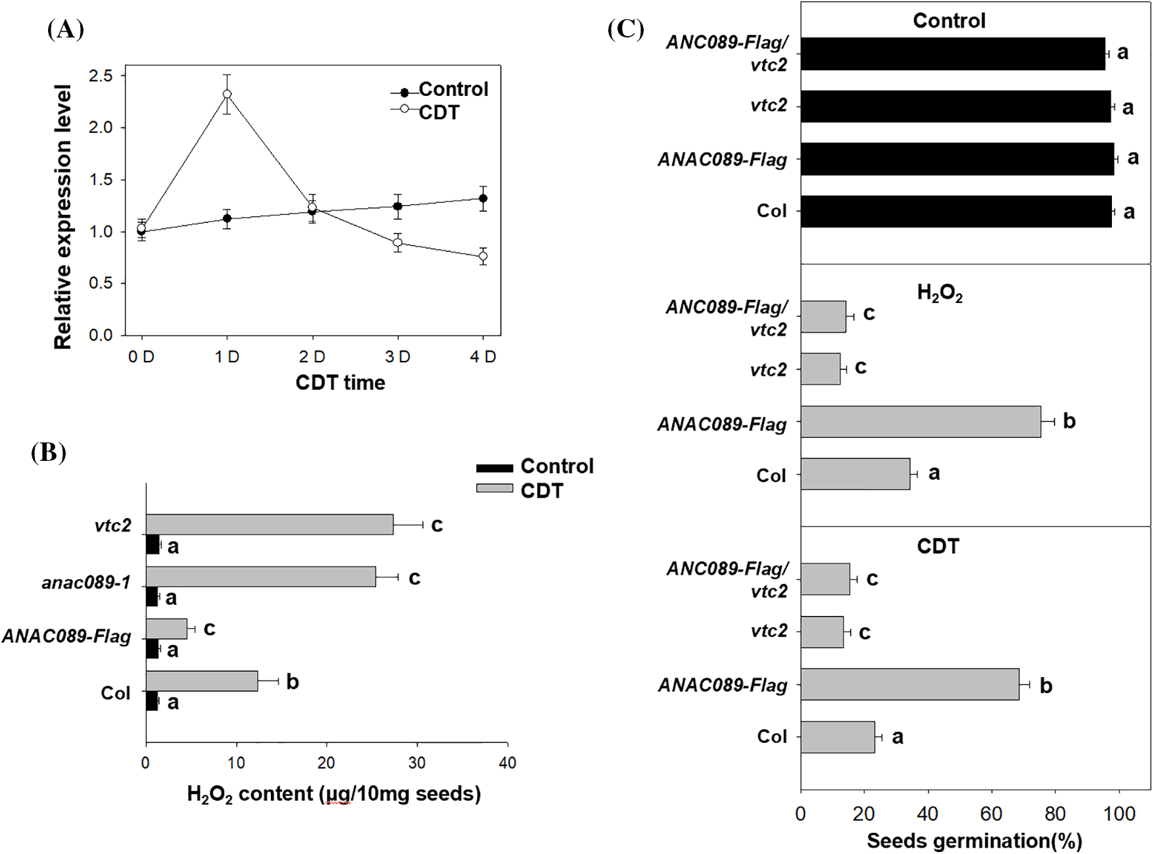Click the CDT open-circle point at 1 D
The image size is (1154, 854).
[227, 94]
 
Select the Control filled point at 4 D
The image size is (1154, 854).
[483, 198]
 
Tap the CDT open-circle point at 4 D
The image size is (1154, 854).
[483, 256]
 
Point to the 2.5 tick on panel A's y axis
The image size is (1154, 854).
[101, 76]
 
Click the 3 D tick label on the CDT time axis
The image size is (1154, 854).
[397, 357]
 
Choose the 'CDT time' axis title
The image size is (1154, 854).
[340, 383]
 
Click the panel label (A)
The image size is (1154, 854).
[66, 30]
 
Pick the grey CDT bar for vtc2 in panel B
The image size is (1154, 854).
[270, 525]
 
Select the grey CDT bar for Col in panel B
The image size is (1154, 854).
[202, 681]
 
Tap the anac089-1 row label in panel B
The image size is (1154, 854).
[86, 582]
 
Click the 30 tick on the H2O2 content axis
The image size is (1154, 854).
[417, 763]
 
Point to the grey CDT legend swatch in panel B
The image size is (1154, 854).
[494, 488]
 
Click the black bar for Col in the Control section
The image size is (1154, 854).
[956, 212]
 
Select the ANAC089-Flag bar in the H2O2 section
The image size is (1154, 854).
[921, 421]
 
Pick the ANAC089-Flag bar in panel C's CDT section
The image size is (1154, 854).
[910, 684]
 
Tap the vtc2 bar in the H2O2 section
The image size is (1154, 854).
[821, 369]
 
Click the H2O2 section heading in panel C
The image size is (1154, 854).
[939, 293]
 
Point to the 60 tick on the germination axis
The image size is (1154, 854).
[991, 814]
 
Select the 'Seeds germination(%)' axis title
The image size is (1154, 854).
[974, 841]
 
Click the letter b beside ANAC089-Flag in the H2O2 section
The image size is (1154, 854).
[1069, 421]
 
